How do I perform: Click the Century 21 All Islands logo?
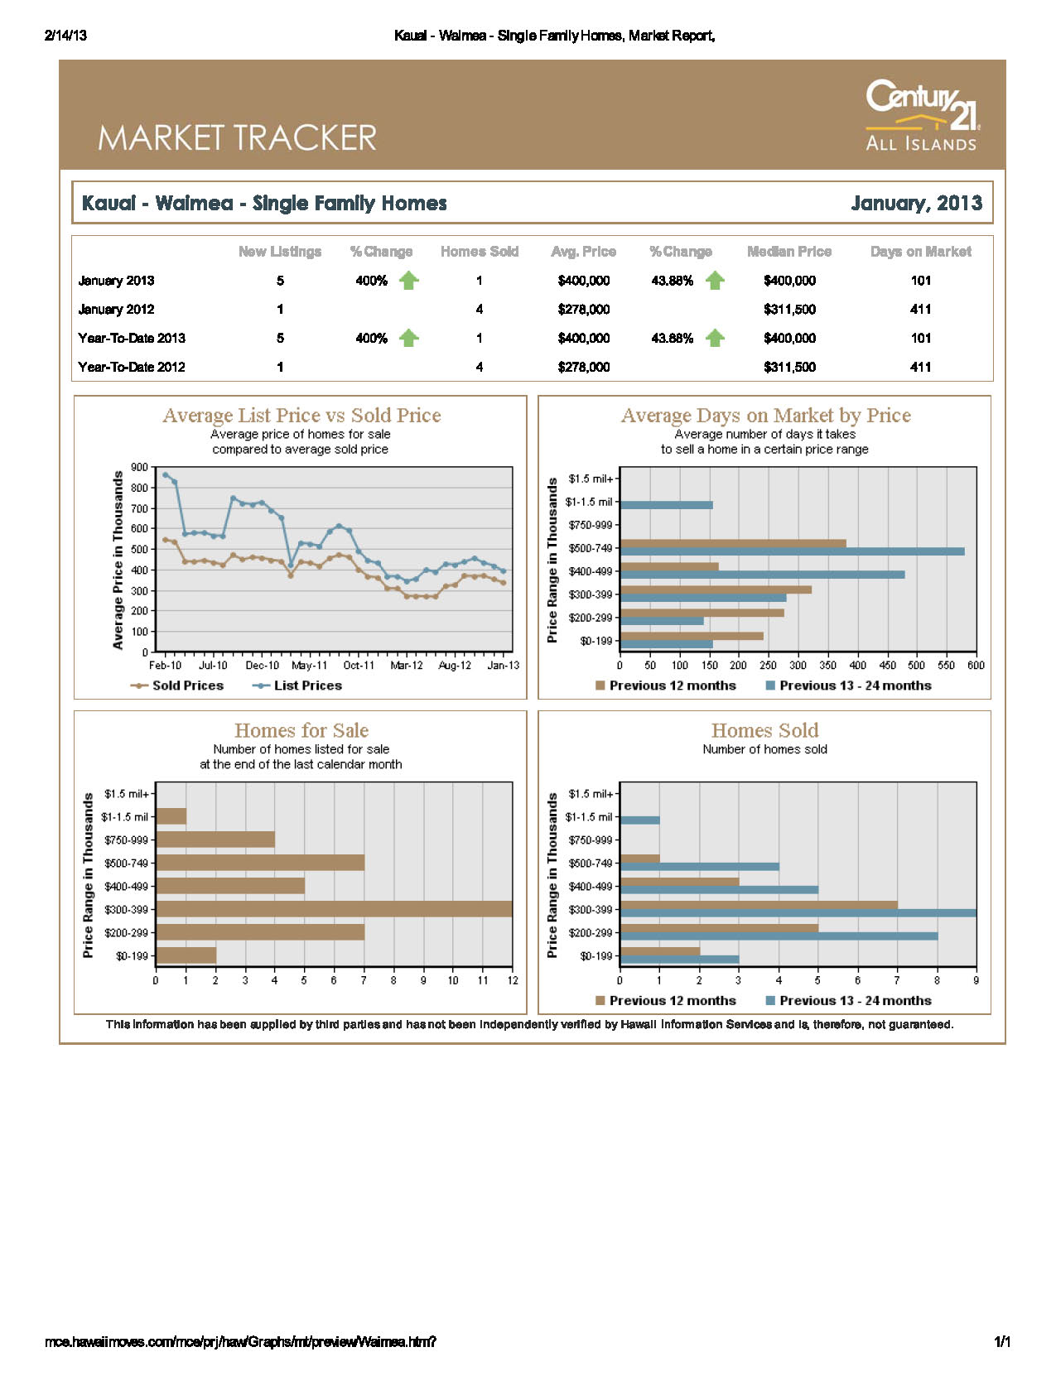(921, 114)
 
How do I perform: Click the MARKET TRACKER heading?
(237, 137)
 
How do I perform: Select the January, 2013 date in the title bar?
(915, 203)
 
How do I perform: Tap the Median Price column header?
(788, 252)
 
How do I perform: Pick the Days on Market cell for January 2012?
(920, 309)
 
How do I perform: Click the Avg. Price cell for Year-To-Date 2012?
(583, 367)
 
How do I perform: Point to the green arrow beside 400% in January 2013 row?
(408, 280)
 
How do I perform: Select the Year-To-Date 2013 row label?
(131, 338)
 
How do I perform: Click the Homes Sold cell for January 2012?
(479, 309)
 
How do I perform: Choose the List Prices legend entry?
(297, 686)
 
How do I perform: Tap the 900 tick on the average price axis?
(139, 467)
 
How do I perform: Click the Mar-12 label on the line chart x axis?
(406, 665)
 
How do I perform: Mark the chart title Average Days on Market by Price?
(765, 415)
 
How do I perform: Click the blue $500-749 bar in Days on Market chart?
(792, 551)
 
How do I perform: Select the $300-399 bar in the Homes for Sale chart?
(334, 909)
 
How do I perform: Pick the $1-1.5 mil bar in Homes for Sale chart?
(171, 816)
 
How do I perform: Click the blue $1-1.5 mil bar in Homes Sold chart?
(639, 820)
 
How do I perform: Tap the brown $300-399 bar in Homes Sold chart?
(759, 905)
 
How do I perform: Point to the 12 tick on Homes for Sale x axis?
(513, 980)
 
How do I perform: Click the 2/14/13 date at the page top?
(65, 36)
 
